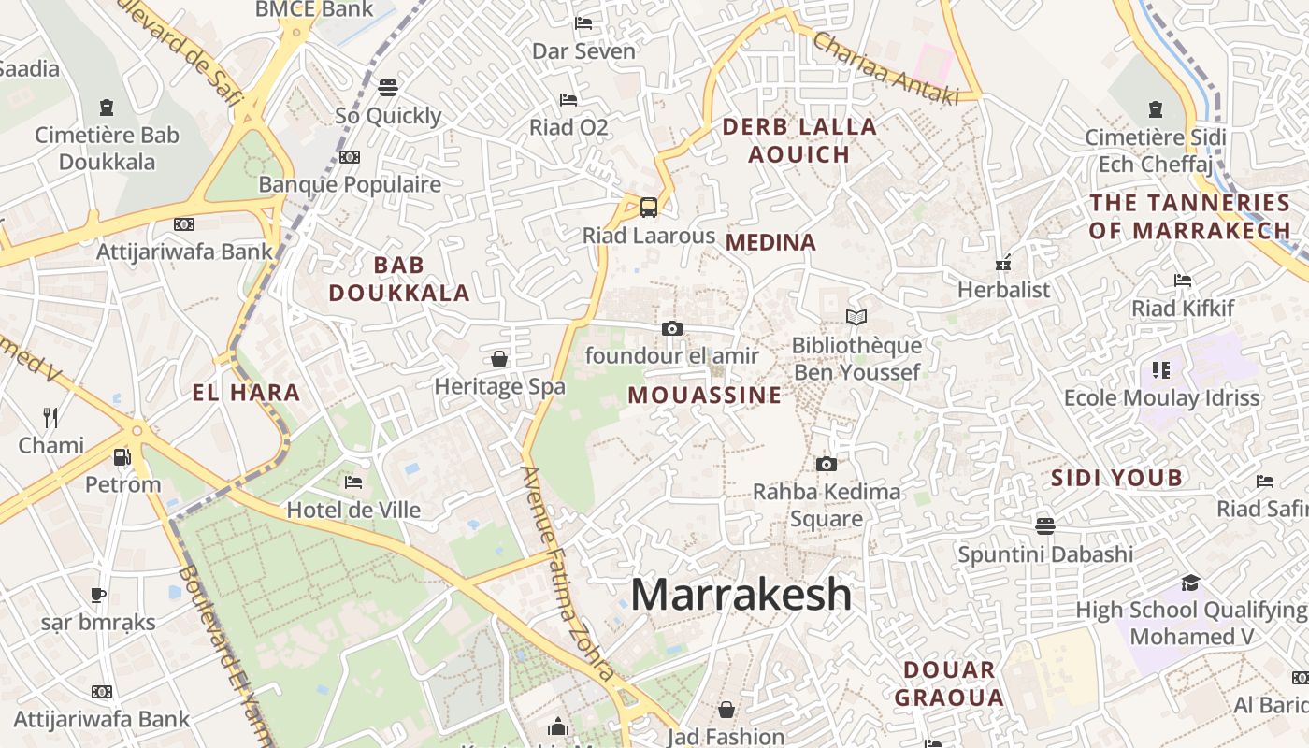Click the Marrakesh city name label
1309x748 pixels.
point(741,595)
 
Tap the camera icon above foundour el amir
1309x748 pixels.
point(671,328)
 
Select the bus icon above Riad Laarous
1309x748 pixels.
point(648,207)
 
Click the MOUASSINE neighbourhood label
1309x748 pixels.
point(704,395)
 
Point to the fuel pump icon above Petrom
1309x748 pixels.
point(122,457)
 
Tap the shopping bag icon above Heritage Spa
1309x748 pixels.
point(499,359)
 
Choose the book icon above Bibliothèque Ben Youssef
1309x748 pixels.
point(856,318)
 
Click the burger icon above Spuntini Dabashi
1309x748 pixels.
point(1044,525)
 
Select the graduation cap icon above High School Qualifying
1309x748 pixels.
point(1189,583)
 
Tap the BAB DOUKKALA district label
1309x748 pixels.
point(399,279)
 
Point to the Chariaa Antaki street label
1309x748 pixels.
point(885,68)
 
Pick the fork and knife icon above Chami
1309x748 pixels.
point(50,417)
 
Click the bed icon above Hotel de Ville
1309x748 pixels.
point(352,482)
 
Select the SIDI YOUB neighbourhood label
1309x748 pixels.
point(1116,479)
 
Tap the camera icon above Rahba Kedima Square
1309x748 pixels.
point(826,464)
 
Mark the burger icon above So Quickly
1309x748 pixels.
point(388,88)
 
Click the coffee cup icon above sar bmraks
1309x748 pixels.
point(97,595)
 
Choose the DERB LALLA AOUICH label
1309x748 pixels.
point(799,140)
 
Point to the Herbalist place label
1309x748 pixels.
point(1003,290)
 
